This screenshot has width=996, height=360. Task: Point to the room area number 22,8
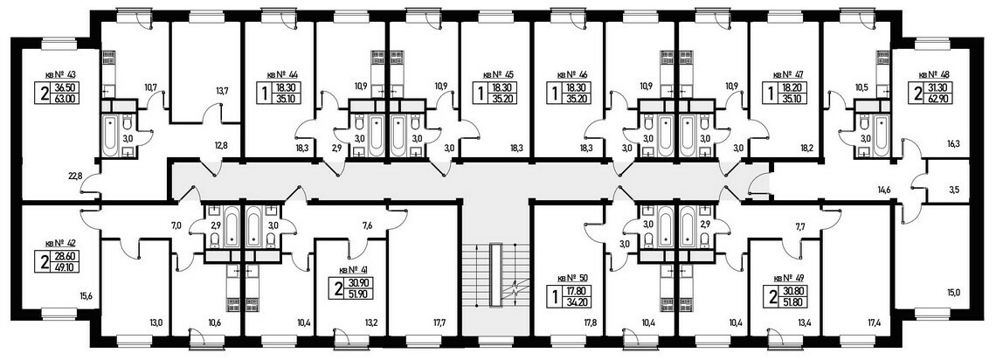75,177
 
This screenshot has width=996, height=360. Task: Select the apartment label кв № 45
499,74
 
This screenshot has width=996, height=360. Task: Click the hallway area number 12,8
221,144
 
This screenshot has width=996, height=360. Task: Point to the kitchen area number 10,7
150,87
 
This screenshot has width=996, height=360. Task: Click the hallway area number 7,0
176,225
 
